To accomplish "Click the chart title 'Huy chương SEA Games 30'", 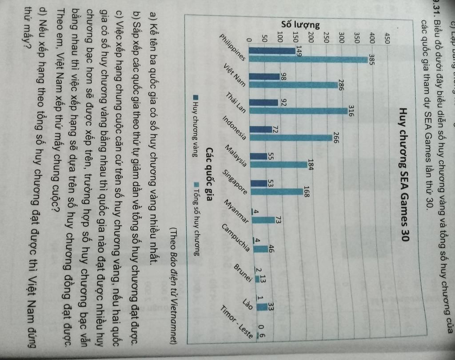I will [404, 168].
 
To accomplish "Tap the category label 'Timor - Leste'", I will [242, 326].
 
